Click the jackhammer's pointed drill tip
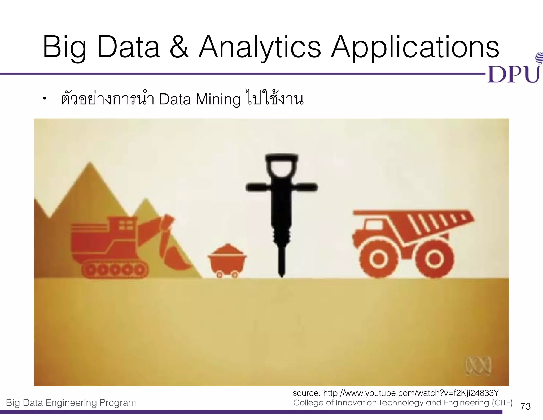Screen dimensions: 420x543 pyautogui.click(x=282, y=273)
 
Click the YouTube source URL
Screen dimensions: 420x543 pyautogui.click(x=411, y=393)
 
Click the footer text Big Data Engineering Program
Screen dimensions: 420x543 pyautogui.click(x=71, y=403)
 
